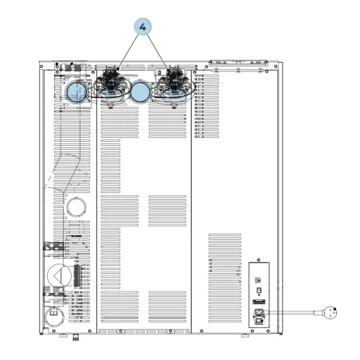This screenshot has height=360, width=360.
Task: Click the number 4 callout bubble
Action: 143,27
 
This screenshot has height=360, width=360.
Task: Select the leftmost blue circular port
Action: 76,92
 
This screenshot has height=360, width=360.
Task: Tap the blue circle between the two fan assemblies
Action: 140,92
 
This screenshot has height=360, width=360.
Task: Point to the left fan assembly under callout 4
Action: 111,84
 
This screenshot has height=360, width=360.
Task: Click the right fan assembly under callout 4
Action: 174,84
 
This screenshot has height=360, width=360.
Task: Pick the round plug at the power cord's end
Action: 330,312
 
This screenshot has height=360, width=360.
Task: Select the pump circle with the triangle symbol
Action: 59,276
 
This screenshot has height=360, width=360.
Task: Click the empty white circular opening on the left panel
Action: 76,207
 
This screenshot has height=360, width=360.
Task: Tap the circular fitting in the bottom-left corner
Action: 54,317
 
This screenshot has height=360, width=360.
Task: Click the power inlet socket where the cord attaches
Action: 259,312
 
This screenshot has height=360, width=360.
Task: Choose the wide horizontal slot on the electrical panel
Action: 259,302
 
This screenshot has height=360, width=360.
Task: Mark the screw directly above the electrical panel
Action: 259,260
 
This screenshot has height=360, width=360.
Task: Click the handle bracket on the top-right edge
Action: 238,63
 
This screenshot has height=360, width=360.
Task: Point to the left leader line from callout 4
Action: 129,51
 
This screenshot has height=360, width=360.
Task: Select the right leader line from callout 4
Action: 158,52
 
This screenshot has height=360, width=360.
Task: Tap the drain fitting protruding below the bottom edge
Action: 76,337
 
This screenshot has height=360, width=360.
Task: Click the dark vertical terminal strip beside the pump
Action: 77,276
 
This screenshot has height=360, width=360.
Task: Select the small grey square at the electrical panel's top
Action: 258,280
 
